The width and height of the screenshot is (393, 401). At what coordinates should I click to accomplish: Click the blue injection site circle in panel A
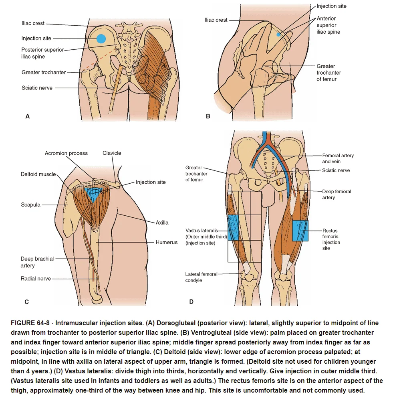coord(101,39)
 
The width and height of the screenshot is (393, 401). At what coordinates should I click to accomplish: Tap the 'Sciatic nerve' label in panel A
coord(37,88)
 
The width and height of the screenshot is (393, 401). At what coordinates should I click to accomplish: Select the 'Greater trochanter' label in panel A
coord(44,73)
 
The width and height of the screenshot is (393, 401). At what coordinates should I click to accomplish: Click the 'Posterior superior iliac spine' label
coord(42,53)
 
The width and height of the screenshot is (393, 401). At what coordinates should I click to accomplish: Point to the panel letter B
coord(208,116)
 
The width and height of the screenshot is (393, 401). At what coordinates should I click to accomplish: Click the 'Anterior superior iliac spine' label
coord(328,25)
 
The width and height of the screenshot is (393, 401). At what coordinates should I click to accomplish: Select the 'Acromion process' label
coord(66,153)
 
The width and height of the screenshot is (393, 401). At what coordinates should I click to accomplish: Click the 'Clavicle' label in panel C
coord(112,153)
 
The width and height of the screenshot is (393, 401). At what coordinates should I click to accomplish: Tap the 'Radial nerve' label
coord(36,279)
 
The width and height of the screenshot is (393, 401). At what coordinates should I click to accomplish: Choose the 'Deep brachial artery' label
coord(37,262)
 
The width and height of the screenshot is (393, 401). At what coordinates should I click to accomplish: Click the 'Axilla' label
coord(162,223)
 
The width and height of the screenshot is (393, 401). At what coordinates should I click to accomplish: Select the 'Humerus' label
coord(167,242)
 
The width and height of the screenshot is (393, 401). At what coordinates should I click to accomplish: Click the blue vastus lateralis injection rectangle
coord(233,228)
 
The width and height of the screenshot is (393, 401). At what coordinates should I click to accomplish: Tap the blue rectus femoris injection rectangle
coord(300,231)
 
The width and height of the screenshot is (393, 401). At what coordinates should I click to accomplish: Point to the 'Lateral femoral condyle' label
coord(201,277)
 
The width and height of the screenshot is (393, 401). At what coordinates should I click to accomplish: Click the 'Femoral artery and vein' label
coord(338,158)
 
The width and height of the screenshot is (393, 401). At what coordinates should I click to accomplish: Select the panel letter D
coord(191,302)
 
